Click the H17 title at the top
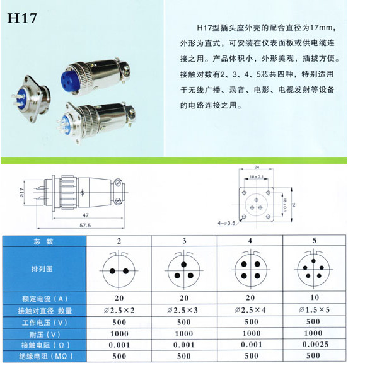tap(22, 18)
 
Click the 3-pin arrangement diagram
tap(184, 270)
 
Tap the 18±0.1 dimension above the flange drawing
tap(256, 178)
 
